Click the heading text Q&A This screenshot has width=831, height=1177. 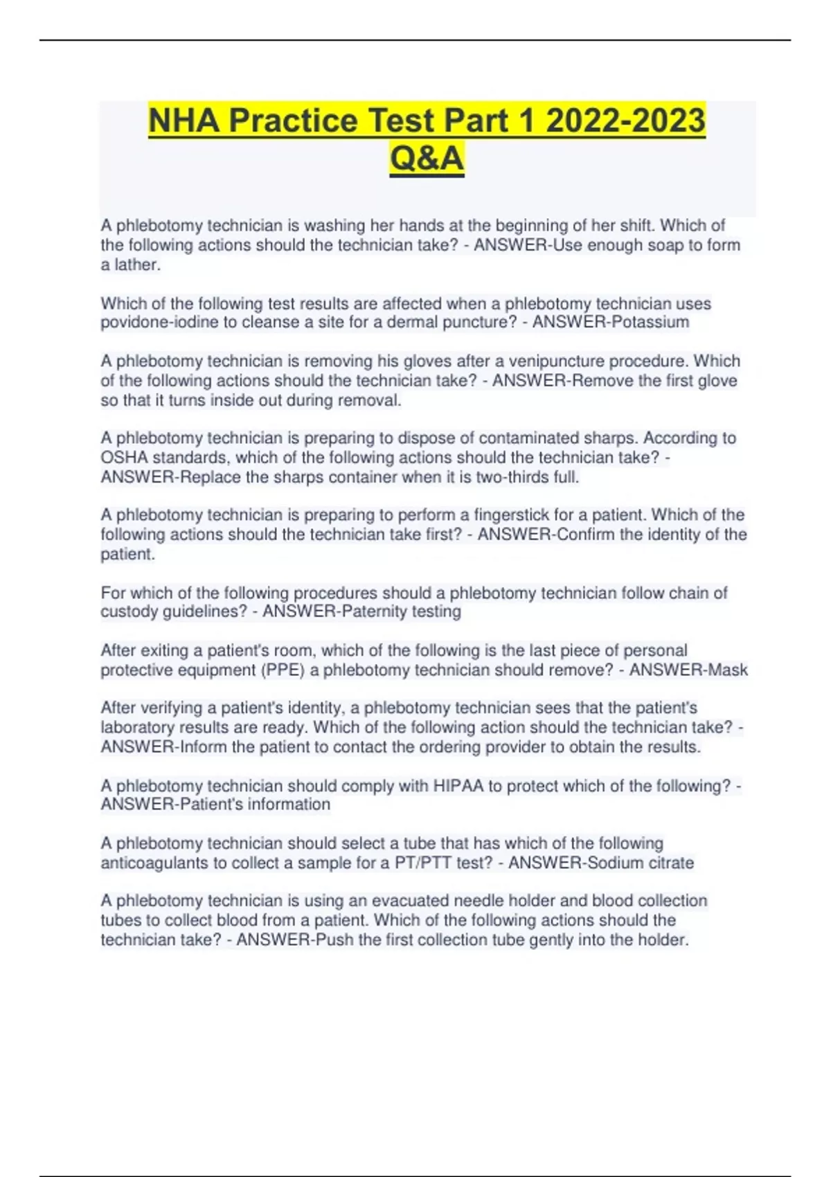(427, 159)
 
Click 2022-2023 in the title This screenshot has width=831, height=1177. (625, 120)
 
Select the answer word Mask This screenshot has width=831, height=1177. (729, 670)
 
